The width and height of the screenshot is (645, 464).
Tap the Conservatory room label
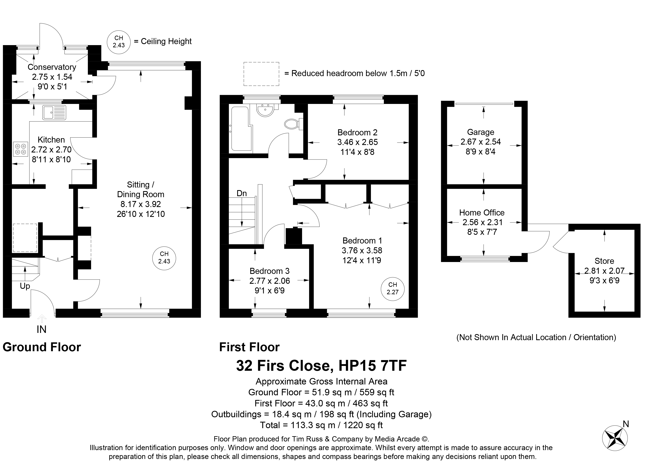(x=52, y=67)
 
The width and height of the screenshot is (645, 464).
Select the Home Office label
(x=482, y=212)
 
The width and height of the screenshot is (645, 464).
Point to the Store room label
(x=604, y=261)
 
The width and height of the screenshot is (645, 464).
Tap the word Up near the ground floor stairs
(x=25, y=286)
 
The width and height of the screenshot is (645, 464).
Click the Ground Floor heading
(x=42, y=347)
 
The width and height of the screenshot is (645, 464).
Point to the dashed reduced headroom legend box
(x=261, y=74)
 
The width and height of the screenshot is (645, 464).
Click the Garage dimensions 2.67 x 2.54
(x=481, y=142)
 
